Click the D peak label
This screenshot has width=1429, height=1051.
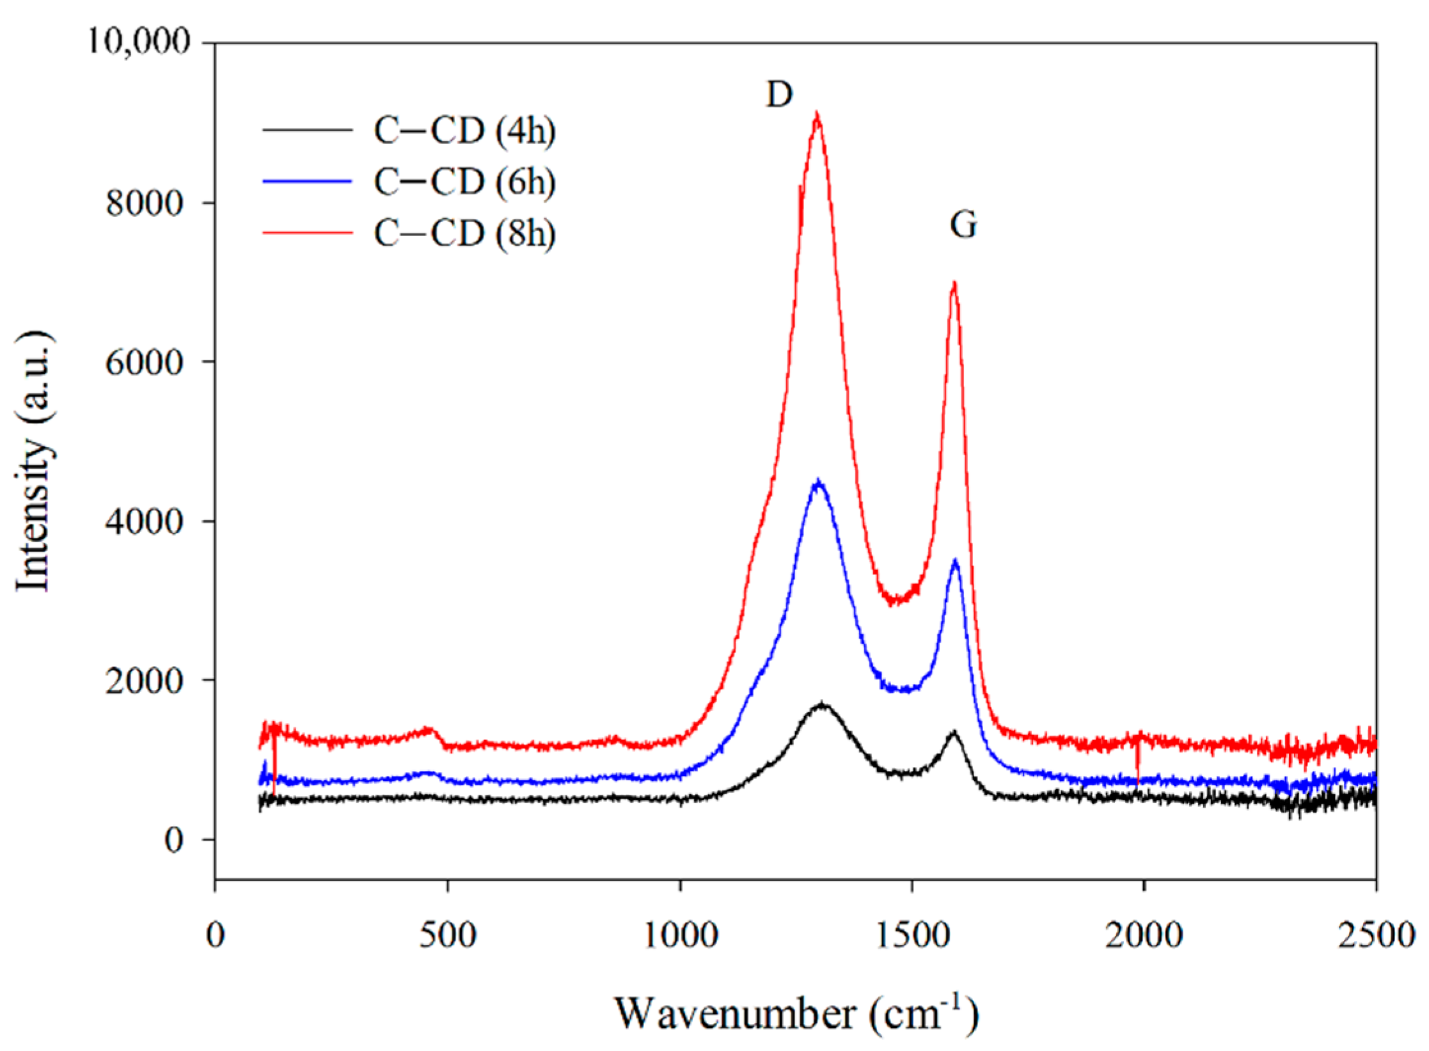(x=779, y=95)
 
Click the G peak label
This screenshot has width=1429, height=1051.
(x=963, y=225)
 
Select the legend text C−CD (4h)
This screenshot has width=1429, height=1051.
(x=464, y=131)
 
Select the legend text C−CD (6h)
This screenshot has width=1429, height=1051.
(x=464, y=182)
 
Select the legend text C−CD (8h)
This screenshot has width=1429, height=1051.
(x=464, y=233)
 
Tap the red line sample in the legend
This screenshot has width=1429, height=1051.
(x=307, y=233)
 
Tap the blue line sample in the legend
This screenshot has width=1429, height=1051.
(x=307, y=182)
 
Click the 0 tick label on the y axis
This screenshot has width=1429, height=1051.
(x=174, y=840)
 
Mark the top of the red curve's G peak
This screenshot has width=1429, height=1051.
(x=954, y=283)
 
